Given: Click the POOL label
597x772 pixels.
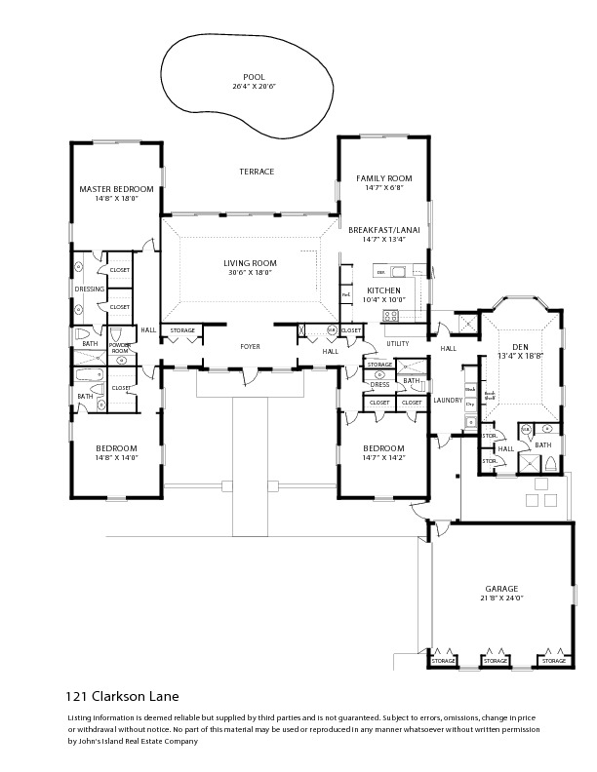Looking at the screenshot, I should point(254,77).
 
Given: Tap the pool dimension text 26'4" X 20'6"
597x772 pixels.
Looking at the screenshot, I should point(254,87).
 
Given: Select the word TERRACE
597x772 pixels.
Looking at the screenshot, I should point(257,172).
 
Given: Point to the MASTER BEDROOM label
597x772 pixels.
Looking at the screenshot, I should point(116,188).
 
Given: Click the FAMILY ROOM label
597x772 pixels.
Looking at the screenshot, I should point(383,178).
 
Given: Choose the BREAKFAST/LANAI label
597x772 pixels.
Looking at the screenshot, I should point(383,229).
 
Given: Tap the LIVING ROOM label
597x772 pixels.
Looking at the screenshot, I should point(250,263).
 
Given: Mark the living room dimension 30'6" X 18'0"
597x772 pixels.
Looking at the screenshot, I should point(250,273).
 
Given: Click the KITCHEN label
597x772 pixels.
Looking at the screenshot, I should point(384,290).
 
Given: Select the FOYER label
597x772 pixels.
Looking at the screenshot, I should point(251,346).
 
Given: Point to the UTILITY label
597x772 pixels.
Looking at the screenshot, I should point(397,343).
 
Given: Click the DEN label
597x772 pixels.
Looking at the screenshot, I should point(519,346).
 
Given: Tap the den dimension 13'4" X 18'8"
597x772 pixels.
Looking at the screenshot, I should point(519,356).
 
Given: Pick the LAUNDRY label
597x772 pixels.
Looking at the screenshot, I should point(447,400).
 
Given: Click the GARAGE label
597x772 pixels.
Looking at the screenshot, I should point(501,589).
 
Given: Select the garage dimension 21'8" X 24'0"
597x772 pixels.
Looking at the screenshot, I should point(501,598).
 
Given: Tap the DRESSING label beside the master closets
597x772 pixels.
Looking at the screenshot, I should point(90,289).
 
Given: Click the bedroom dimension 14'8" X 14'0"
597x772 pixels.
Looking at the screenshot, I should point(116,457).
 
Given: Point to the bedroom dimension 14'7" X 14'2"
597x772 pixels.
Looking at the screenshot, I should point(383,457).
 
